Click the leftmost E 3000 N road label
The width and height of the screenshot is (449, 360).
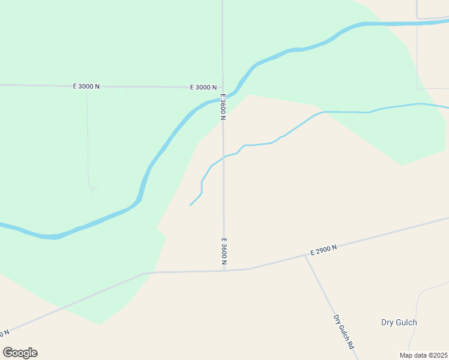86,86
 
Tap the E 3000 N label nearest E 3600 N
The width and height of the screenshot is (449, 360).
203,87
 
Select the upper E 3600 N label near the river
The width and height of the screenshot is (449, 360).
222,107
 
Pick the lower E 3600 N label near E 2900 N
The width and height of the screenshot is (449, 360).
224,251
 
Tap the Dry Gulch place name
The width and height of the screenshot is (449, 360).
399,322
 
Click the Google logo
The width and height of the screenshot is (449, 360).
20,353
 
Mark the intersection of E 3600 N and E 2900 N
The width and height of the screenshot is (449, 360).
224,269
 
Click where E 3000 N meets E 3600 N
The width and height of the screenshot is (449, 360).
223,87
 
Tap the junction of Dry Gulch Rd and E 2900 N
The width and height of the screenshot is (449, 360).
306,256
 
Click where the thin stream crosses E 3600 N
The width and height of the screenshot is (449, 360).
224,157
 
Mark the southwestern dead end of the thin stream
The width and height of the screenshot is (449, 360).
190,205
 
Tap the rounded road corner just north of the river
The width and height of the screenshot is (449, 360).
418,16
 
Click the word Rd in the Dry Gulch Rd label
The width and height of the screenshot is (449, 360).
350,345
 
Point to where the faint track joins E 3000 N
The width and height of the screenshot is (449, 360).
87,87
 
